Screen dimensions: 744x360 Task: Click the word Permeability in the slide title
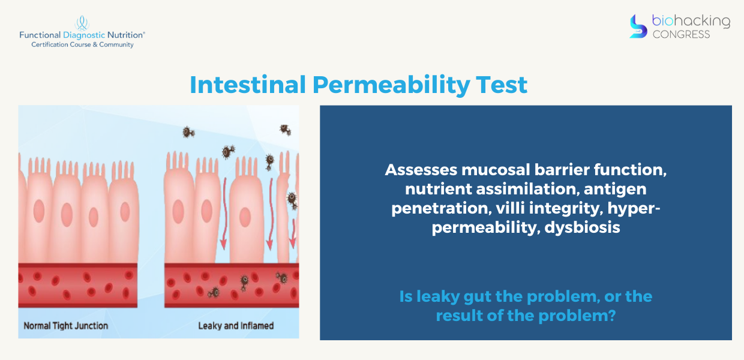click(x=391, y=85)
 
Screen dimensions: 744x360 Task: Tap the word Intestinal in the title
click(x=248, y=85)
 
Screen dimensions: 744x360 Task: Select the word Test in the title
click(x=502, y=85)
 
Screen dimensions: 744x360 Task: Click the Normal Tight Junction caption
click(x=66, y=326)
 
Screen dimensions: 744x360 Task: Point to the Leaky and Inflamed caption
click(x=236, y=326)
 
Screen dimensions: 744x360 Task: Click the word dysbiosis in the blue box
click(x=582, y=227)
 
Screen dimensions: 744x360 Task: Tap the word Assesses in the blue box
click(x=421, y=170)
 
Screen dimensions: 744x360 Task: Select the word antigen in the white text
click(x=615, y=190)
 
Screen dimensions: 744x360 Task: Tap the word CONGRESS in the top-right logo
click(x=681, y=35)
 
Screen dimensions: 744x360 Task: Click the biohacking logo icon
click(x=638, y=26)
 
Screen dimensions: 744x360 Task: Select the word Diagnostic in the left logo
click(x=84, y=35)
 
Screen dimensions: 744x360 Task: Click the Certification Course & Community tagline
click(x=82, y=44)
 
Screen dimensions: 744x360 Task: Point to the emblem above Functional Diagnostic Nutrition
click(x=82, y=23)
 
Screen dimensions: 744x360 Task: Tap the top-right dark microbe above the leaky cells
click(x=285, y=130)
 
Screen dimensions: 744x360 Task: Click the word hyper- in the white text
click(x=634, y=209)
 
